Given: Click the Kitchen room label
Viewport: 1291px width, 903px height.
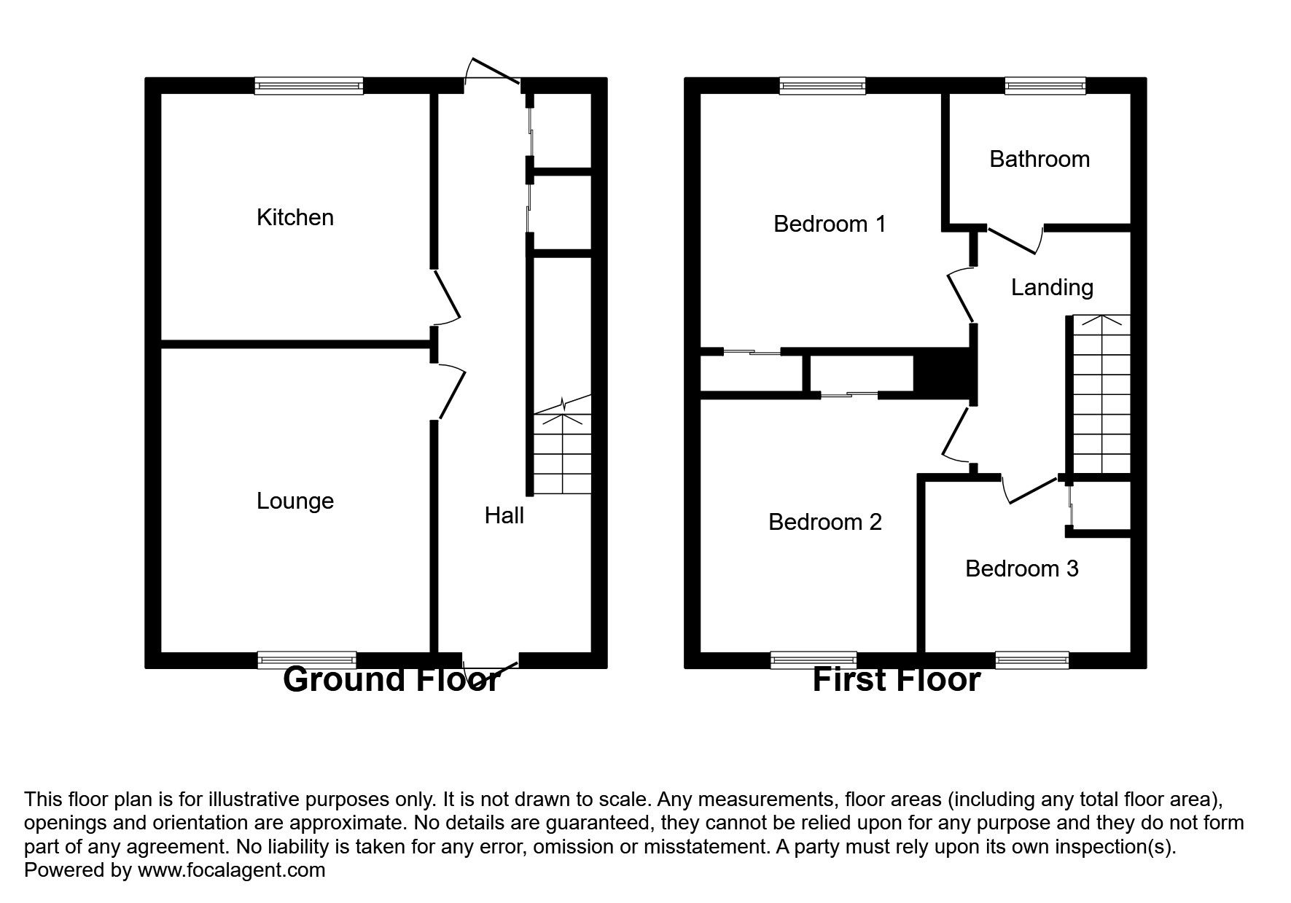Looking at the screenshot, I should pos(295,217).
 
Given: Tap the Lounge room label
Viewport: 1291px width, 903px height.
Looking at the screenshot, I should pos(295,501).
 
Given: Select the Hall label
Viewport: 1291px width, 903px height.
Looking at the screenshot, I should pos(504,516).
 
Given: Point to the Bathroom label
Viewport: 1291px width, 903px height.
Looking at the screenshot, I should pos(1040,159).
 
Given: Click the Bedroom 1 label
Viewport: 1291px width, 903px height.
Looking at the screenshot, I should pos(830,224).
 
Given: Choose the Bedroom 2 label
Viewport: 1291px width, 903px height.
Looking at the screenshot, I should pos(825,522).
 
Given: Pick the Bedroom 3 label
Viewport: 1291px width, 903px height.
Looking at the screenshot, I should pos(1021,568).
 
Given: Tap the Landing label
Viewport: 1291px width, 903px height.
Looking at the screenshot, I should pos(1052,287).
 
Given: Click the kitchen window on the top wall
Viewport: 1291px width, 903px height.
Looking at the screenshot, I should pos(309,86).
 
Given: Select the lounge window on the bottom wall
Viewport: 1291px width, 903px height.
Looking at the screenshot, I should pos(307,660).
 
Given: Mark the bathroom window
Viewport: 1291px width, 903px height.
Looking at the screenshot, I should pos(1045,86).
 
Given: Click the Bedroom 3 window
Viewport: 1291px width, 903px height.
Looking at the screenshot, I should pos(1031,660).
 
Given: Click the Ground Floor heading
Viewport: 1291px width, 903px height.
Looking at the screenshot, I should pos(391,680).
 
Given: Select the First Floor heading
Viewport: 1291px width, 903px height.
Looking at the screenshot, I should pos(896,680).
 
